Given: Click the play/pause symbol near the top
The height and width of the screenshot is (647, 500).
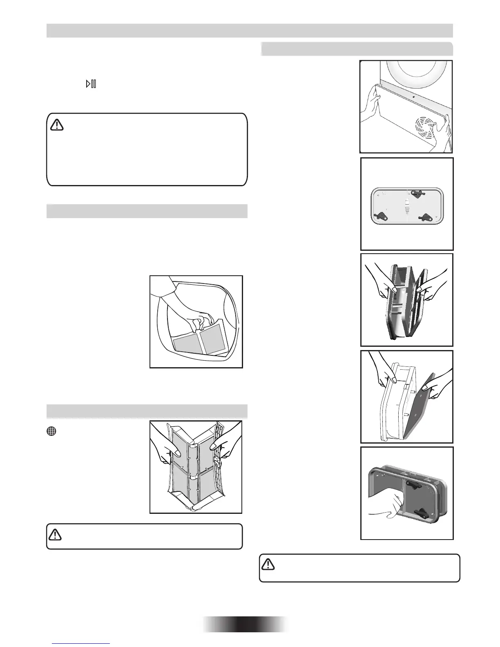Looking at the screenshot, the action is [91, 84].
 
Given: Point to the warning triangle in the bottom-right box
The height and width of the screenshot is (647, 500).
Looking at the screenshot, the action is [268, 564].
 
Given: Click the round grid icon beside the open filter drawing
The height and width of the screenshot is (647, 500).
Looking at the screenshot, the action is [50, 431].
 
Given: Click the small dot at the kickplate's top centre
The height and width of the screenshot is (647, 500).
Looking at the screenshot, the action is [414, 97].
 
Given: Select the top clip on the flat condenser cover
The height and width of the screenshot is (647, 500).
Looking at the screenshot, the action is [417, 194].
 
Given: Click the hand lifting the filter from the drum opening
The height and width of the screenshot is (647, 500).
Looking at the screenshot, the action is [192, 310].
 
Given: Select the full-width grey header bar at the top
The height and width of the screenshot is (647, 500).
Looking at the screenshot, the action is [250, 31].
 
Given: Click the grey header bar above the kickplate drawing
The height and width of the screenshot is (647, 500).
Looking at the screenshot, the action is [357, 49].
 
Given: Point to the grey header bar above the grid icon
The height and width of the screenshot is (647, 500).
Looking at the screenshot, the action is [147, 411].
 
